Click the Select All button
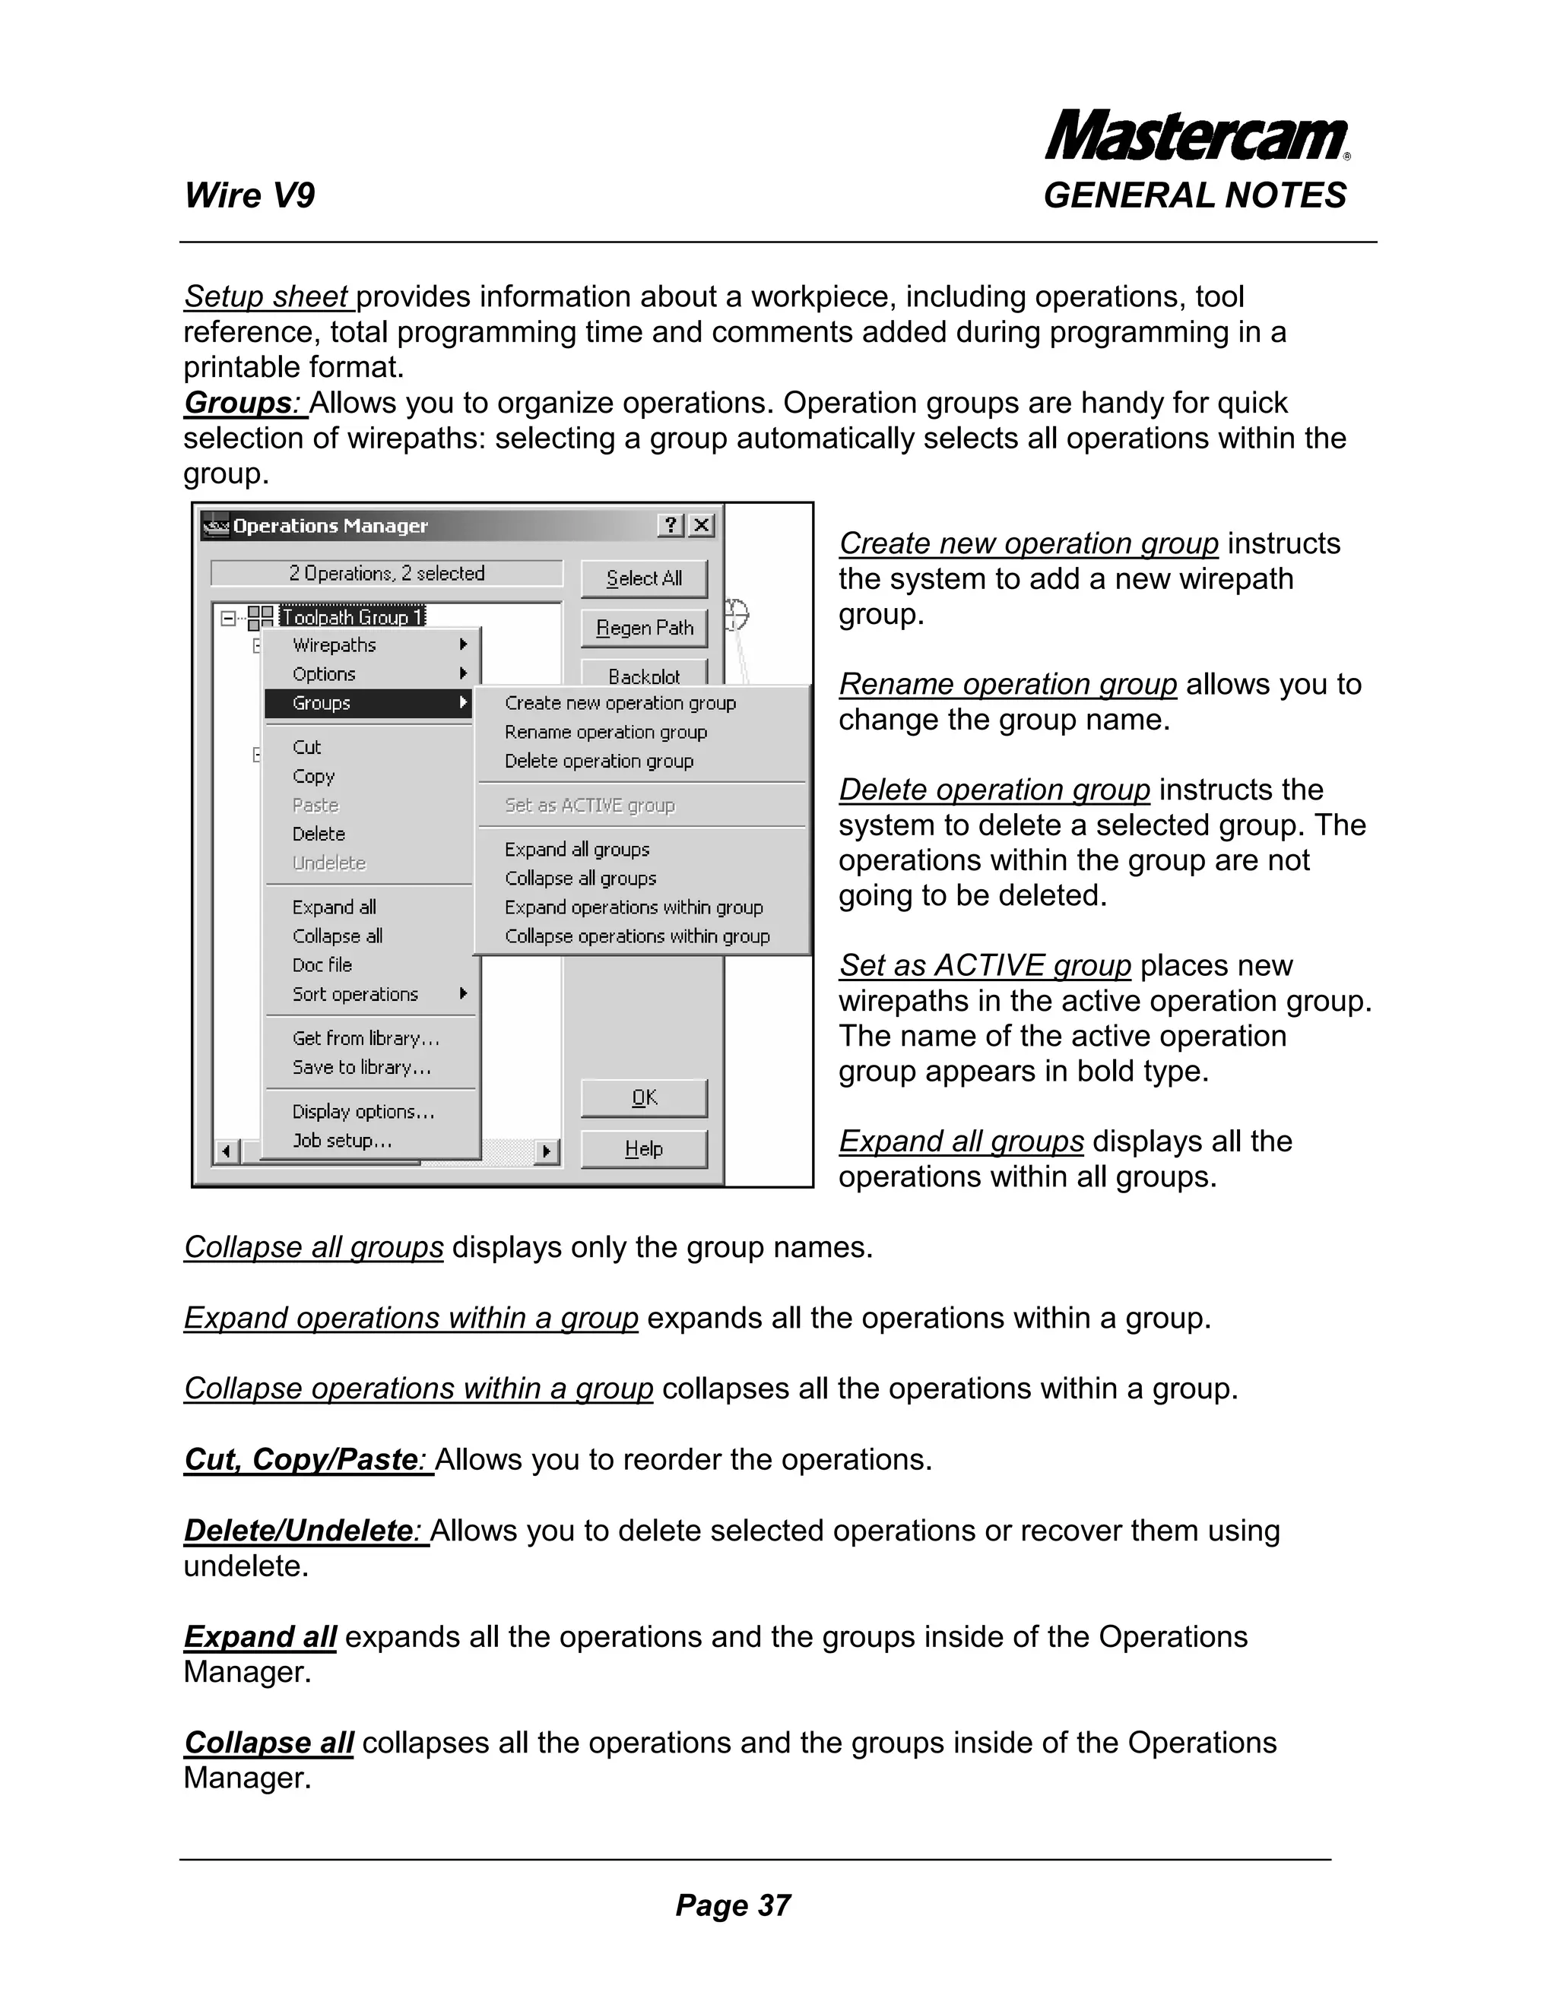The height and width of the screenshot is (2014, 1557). point(644,578)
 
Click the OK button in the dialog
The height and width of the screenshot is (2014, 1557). point(644,1097)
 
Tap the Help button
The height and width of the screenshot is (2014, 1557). point(644,1148)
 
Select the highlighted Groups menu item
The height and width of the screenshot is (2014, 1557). point(367,703)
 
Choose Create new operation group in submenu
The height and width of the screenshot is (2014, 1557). point(620,703)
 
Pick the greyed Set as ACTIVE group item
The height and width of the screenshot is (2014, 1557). point(589,805)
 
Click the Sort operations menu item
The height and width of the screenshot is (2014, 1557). point(355,994)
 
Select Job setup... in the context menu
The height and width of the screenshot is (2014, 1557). point(342,1140)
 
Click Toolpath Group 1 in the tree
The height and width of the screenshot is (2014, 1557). point(351,616)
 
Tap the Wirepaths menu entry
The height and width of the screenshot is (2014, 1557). point(334,644)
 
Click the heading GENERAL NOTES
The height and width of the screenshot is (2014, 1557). point(1194,195)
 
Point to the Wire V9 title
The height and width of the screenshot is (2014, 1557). point(249,195)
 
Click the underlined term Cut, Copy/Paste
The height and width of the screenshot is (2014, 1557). point(301,1460)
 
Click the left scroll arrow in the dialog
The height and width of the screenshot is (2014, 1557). point(226,1151)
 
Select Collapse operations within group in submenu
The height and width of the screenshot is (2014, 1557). point(636,936)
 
